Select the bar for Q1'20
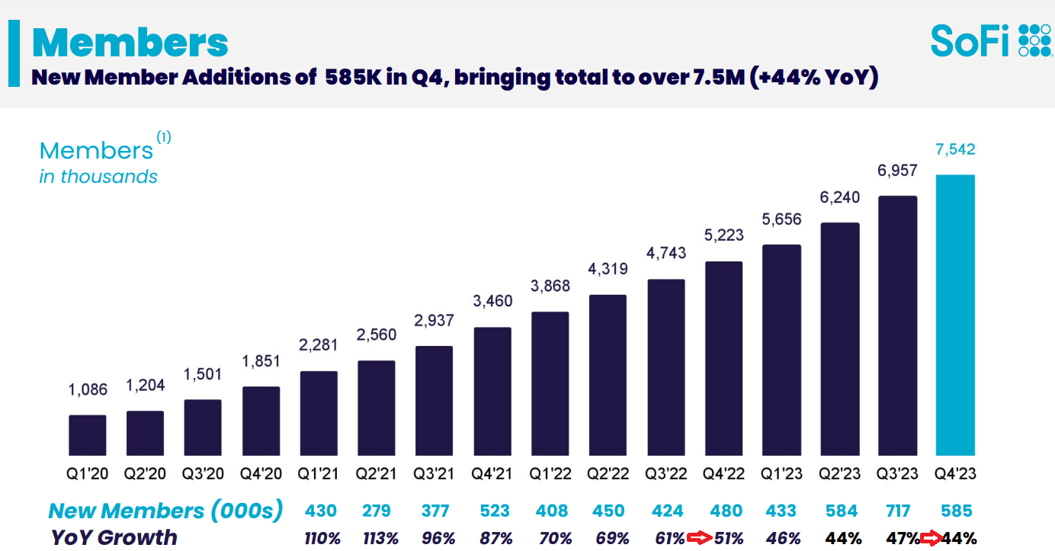coord(87,435)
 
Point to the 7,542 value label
coord(955,150)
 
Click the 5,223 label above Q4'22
coord(723,235)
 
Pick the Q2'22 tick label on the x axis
coord(608,473)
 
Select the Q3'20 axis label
coord(203,473)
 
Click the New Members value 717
coord(898,510)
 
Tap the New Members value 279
coord(377,510)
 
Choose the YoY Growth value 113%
coord(380,538)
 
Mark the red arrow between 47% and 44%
coord(929,539)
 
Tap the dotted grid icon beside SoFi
coord(1034,40)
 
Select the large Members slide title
coord(130,43)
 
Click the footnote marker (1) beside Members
coord(164,138)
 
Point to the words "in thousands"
coord(98,177)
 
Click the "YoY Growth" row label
coord(114,537)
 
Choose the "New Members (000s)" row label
coord(165,511)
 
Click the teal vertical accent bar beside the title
coord(13,53)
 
